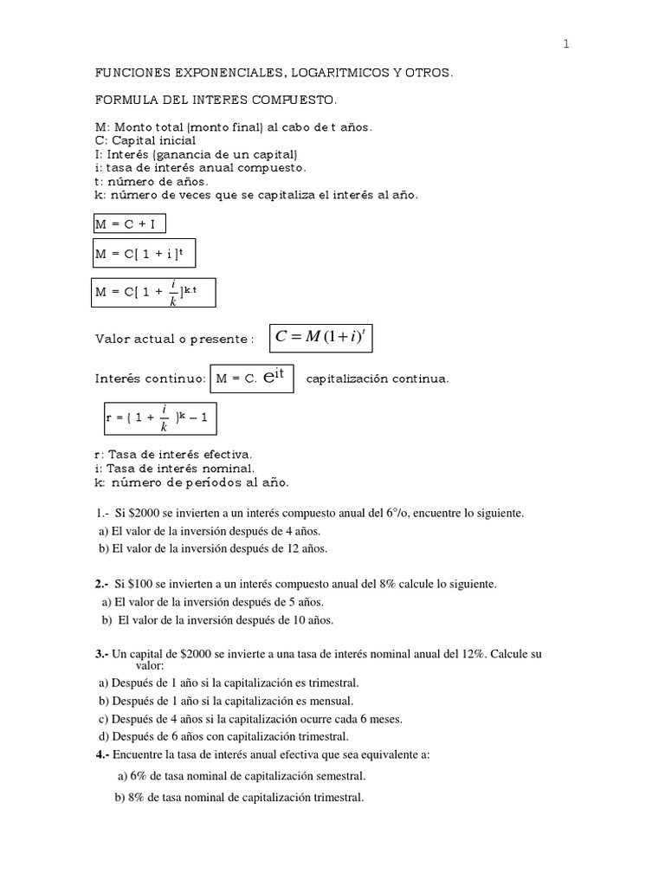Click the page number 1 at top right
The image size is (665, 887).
coord(565,45)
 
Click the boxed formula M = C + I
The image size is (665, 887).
coord(129,224)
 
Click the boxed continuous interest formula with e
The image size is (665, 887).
coord(252,379)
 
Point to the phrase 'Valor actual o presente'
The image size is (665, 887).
coord(173,339)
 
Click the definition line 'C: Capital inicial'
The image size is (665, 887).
coord(145,140)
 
